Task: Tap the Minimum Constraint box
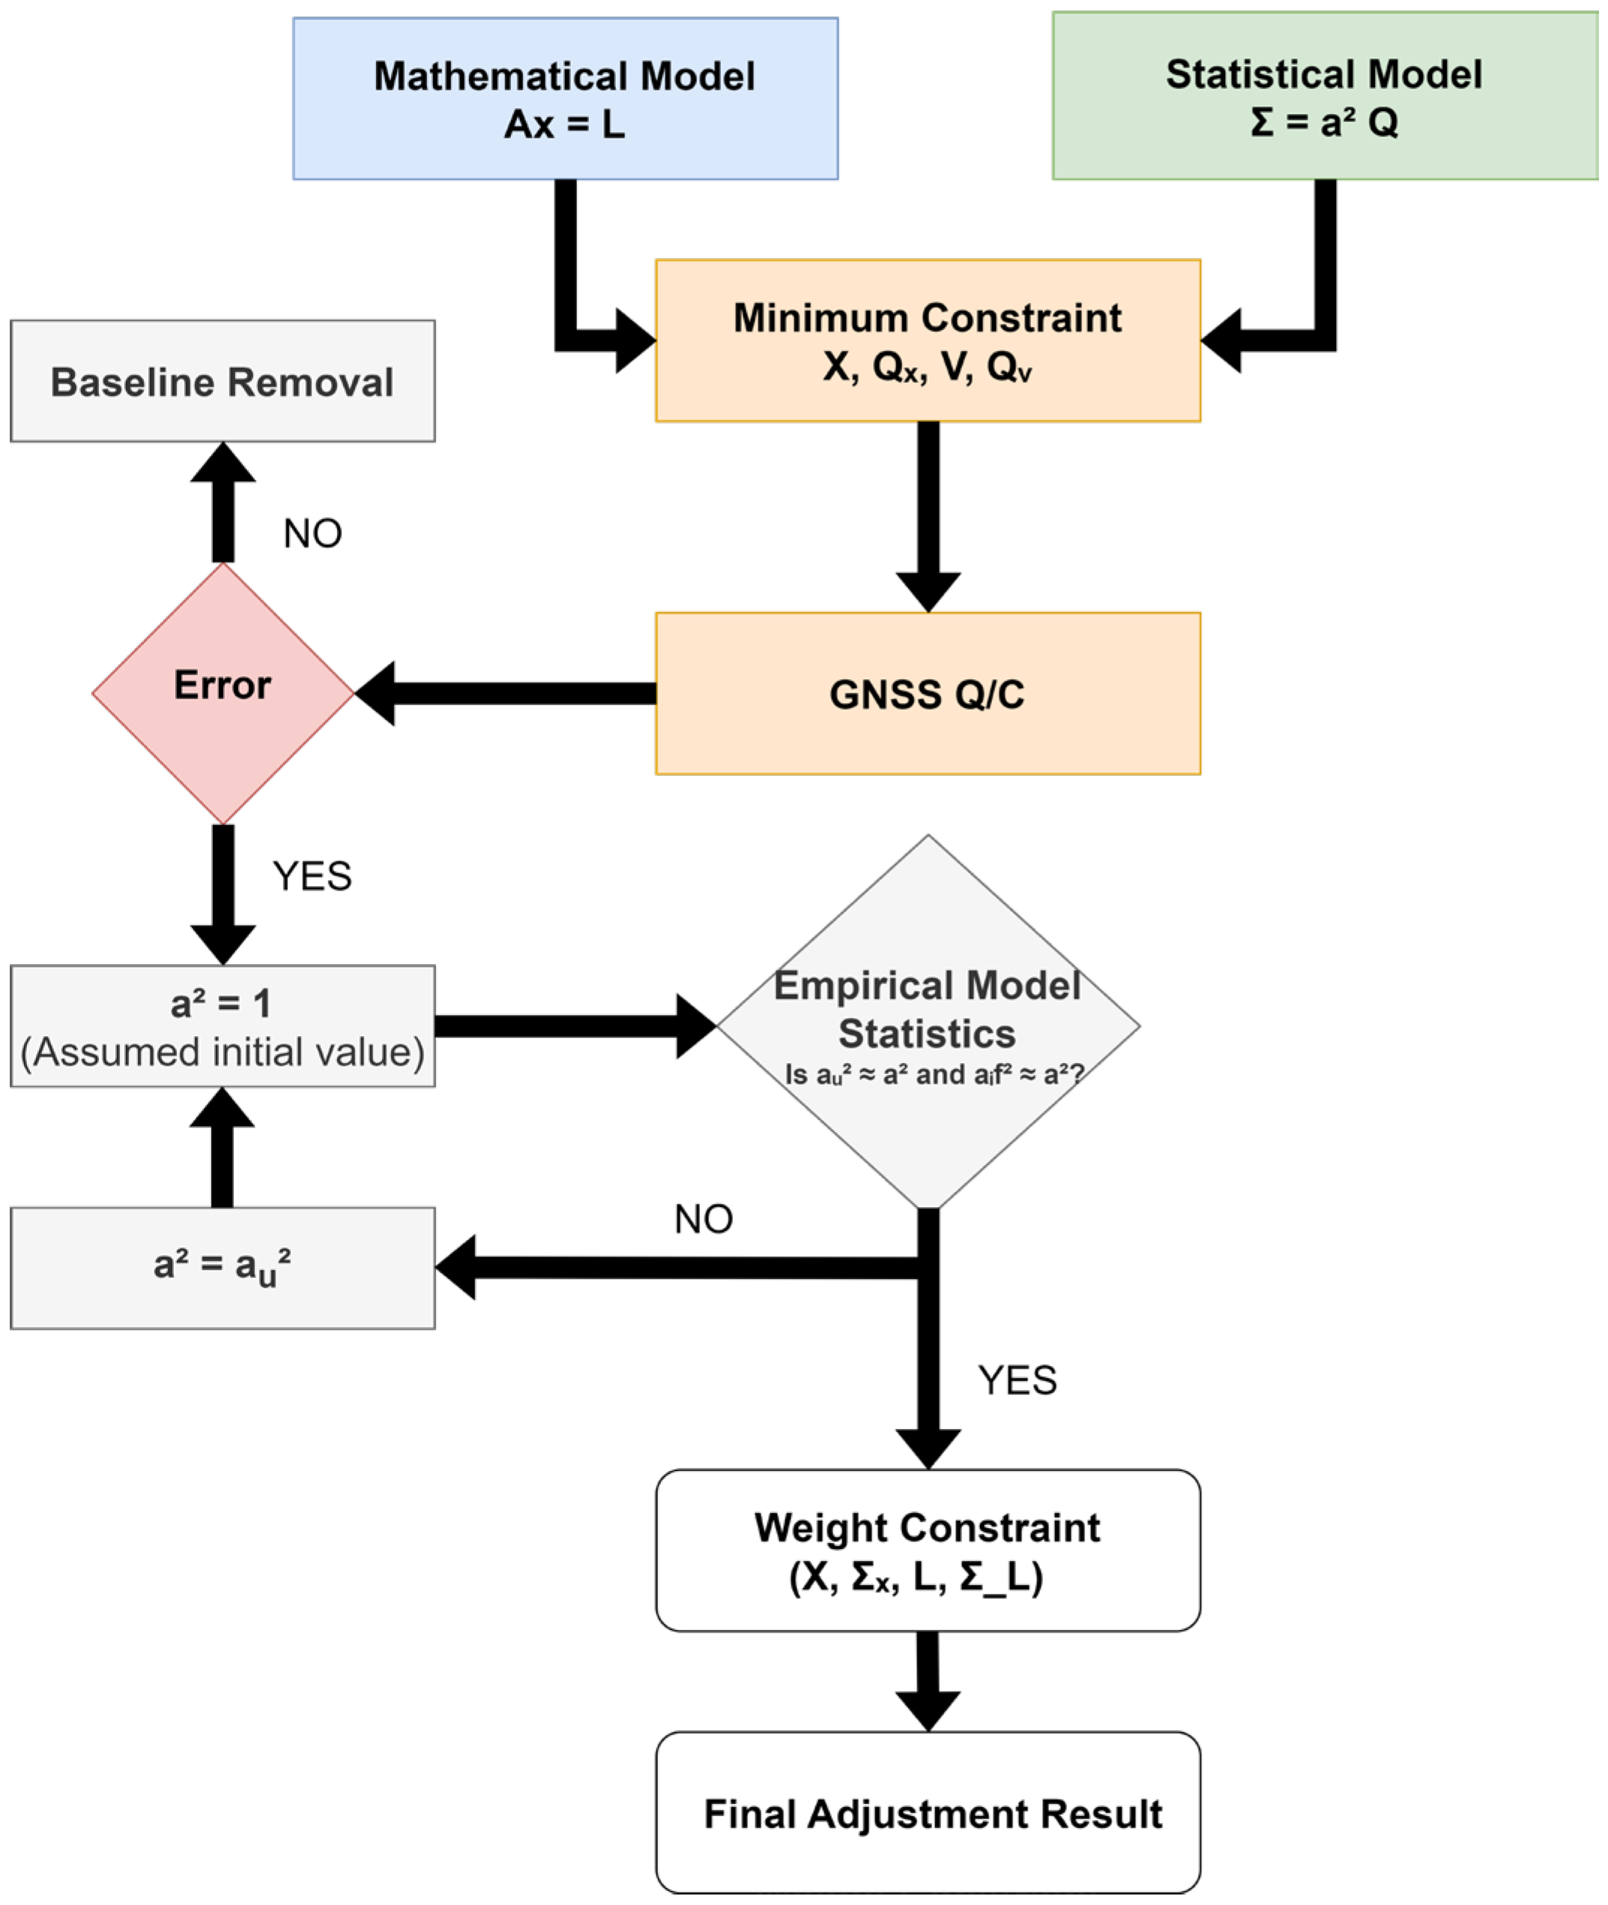pos(927,340)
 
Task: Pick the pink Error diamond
pos(223,693)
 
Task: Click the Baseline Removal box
pos(223,381)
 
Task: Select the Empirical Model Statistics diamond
pos(927,1021)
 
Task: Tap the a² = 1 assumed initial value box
pos(223,1026)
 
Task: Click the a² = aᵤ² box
pos(223,1268)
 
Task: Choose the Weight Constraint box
pos(927,1550)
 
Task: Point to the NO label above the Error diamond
pos(312,534)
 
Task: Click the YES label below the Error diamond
pos(312,876)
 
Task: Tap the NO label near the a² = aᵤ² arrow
pos(703,1219)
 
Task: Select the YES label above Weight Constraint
pos(1018,1381)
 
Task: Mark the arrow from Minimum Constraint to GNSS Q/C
pos(928,511)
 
